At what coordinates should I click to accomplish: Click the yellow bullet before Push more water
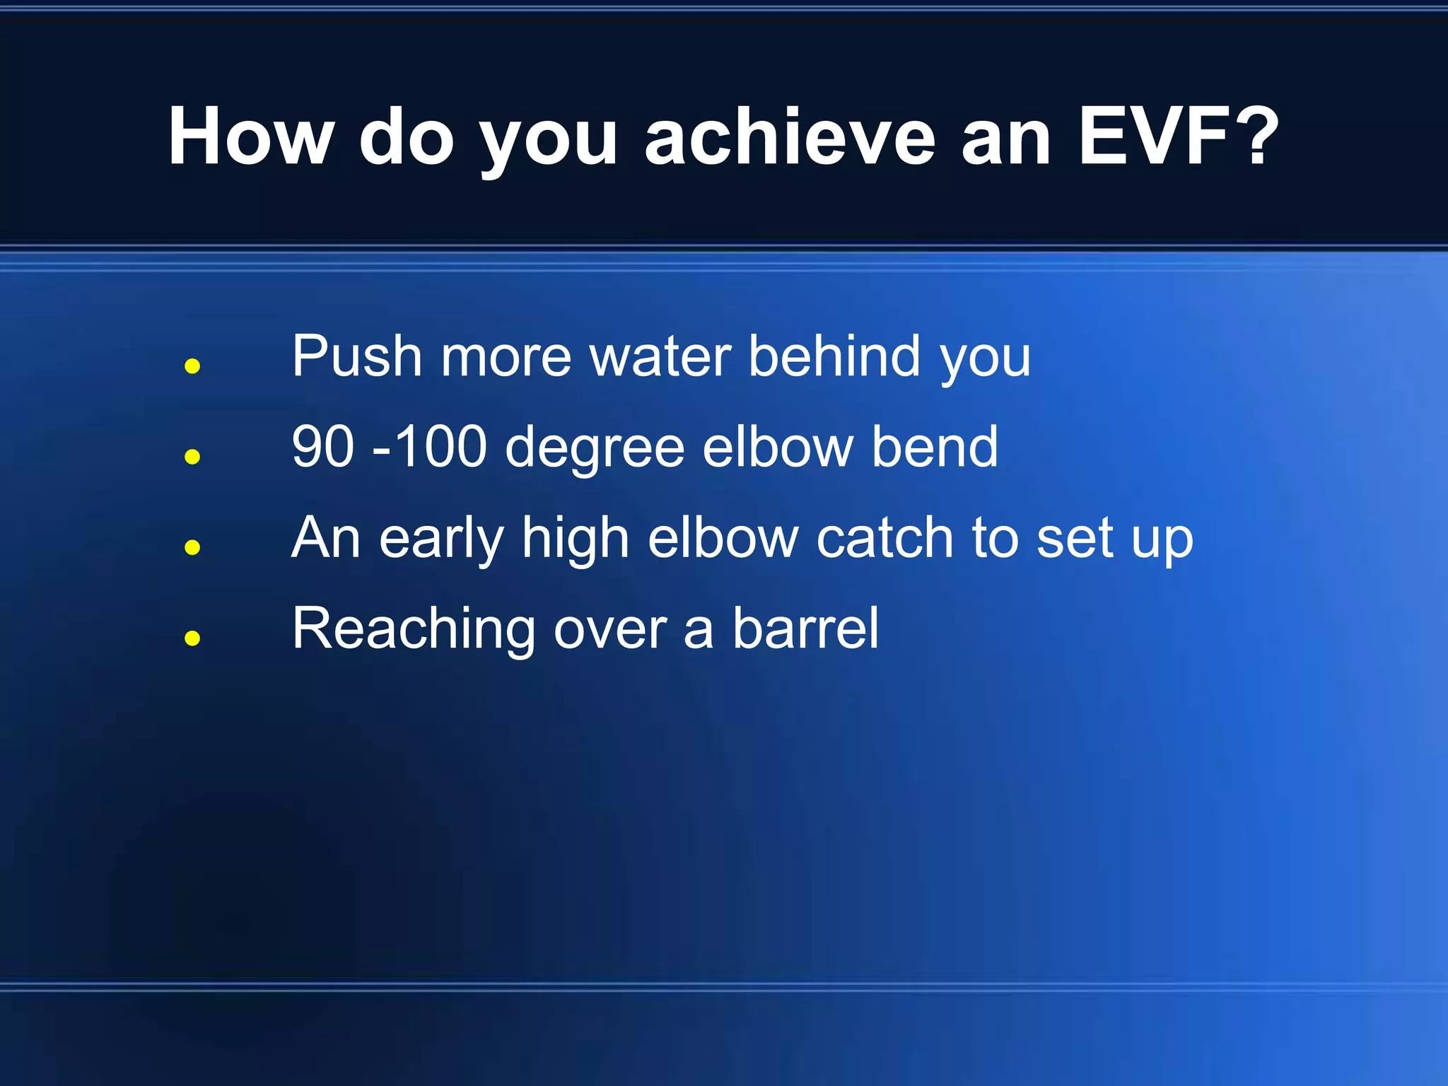(192, 366)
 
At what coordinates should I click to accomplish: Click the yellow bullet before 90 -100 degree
(192, 457)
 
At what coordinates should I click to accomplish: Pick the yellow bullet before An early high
(192, 547)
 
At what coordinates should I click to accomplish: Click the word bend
(934, 447)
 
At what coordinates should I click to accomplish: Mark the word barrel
(805, 629)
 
